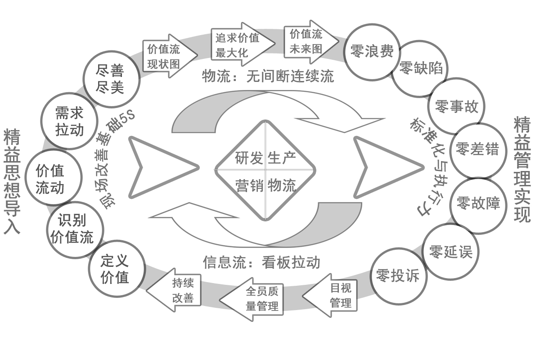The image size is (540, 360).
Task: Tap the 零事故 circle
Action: pyautogui.click(x=456, y=107)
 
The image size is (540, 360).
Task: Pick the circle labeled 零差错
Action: pyautogui.click(x=477, y=149)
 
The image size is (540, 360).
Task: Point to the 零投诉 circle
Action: pyautogui.click(x=397, y=276)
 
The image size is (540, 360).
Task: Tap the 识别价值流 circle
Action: pyautogui.click(x=75, y=229)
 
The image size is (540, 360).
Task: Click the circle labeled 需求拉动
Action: pyautogui.click(x=69, y=121)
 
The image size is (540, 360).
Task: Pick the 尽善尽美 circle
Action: pyautogui.click(x=111, y=79)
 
